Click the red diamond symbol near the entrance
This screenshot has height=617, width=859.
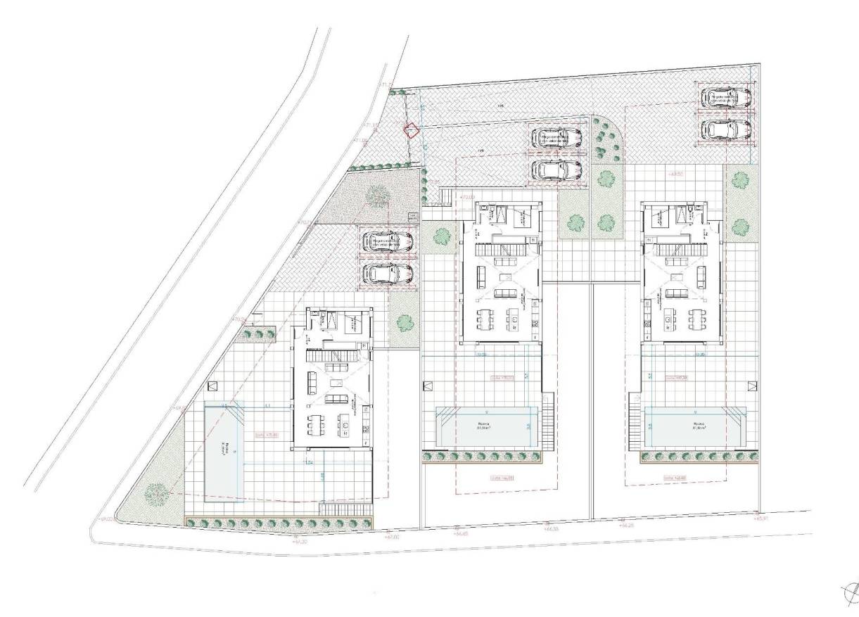[x=410, y=129]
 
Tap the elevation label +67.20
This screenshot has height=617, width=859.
[x=300, y=542]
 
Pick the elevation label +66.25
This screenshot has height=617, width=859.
[x=625, y=525]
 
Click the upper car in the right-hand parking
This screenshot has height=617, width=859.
[x=725, y=96]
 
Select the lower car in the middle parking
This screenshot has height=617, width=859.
[x=556, y=170]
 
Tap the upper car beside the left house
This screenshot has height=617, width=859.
[x=387, y=241]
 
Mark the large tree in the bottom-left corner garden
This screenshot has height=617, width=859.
[x=155, y=494]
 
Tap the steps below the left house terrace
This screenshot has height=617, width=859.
[x=345, y=509]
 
